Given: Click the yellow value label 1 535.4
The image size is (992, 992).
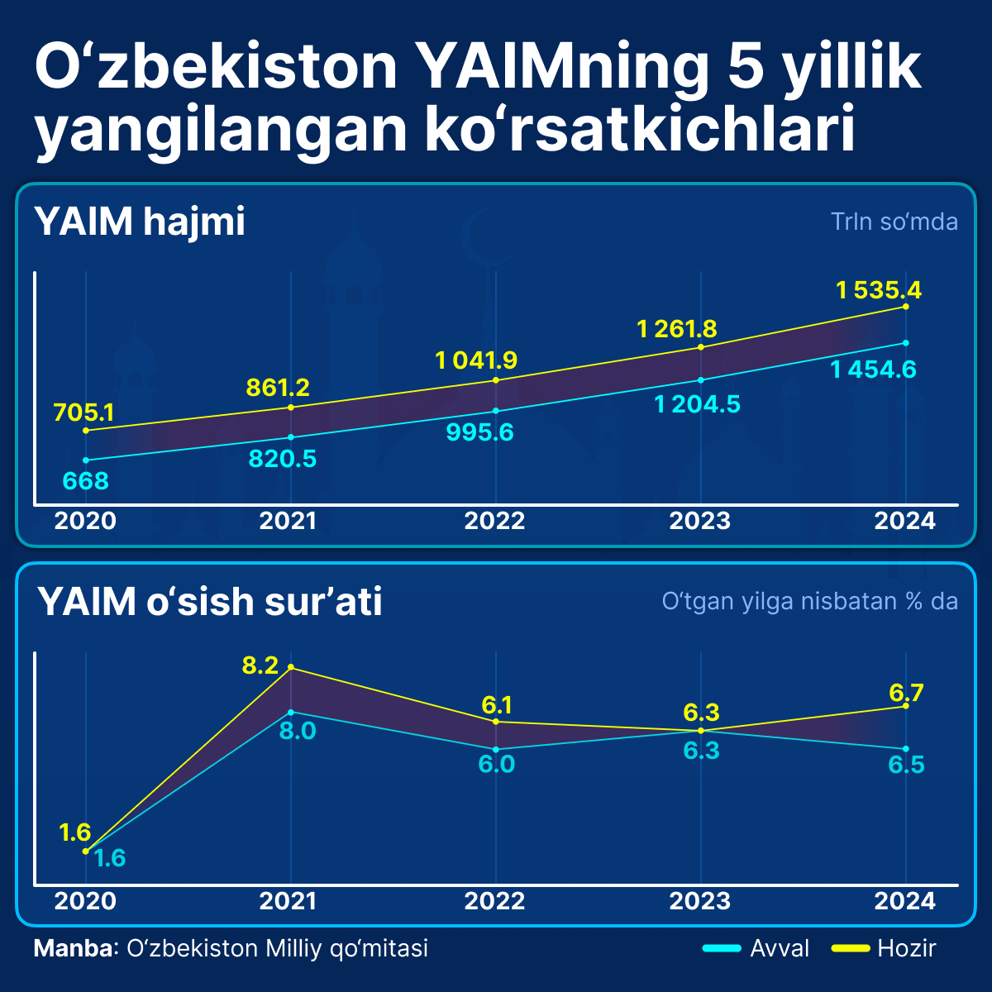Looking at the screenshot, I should [878, 290].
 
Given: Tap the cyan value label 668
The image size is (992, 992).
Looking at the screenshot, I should [86, 480].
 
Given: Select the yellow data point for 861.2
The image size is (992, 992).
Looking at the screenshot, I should [291, 408].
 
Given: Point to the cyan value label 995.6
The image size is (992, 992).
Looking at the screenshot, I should [480, 432].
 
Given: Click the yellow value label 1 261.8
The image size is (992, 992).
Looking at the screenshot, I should [676, 329].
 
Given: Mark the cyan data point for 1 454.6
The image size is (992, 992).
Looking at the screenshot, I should [906, 342].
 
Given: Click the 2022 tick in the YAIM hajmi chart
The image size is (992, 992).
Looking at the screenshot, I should [494, 521].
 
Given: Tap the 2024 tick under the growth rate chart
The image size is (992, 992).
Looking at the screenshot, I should [904, 900].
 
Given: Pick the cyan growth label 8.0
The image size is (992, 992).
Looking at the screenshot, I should [297, 731].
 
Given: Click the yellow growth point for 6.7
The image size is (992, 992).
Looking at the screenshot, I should [906, 706].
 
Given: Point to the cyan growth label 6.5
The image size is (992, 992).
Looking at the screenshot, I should [906, 765].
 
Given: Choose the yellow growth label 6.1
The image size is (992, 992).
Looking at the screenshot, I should [497, 704].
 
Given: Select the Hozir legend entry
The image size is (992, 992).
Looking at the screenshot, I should [884, 948].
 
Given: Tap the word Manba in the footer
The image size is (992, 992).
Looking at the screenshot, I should [72, 948].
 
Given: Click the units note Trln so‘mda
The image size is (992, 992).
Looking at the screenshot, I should [894, 222].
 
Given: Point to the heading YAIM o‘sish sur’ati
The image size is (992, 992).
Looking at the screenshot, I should [210, 602].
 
